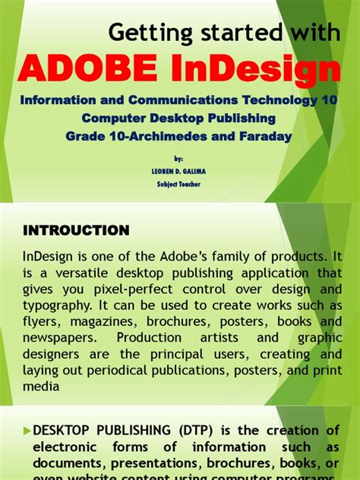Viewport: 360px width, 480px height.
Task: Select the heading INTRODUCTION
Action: [x=77, y=229]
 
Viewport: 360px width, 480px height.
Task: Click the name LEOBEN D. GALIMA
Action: [x=179, y=171]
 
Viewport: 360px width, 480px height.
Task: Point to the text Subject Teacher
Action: [x=179, y=184]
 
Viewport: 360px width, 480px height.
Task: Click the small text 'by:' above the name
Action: [x=178, y=159]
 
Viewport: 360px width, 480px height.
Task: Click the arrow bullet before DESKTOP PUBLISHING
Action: [x=27, y=431]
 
